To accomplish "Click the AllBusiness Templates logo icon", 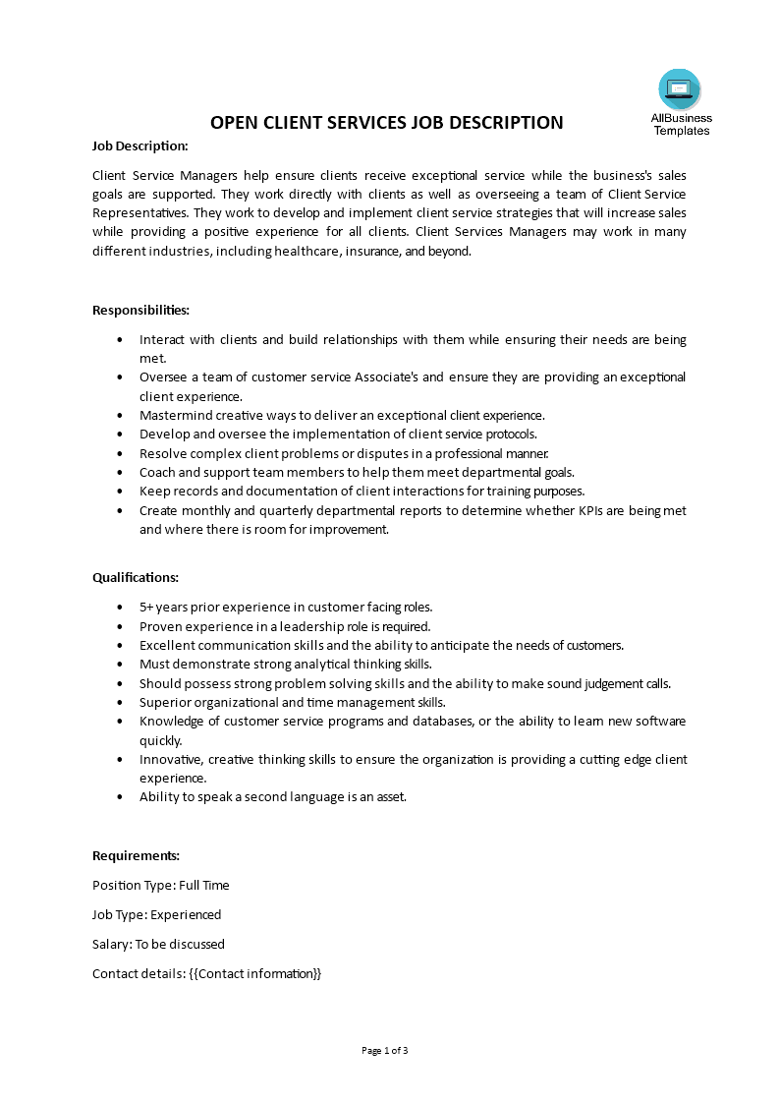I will pyautogui.click(x=680, y=89).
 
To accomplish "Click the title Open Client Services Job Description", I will pyautogui.click(x=387, y=123).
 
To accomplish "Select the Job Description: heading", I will pyautogui.click(x=139, y=145).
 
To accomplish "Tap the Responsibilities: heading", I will pyautogui.click(x=140, y=310).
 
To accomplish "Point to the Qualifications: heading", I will pyautogui.click(x=136, y=577).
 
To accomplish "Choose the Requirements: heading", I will pyautogui.click(x=136, y=855).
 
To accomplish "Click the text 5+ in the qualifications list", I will pyautogui.click(x=146, y=607).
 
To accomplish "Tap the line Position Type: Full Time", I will pyautogui.click(x=160, y=885).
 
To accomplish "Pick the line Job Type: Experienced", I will pyautogui.click(x=156, y=914).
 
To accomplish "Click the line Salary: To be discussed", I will pyautogui.click(x=158, y=944).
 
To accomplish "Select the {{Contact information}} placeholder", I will pyautogui.click(x=254, y=973).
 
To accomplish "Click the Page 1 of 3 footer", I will pyautogui.click(x=385, y=1050).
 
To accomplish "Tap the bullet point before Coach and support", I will pyautogui.click(x=120, y=473).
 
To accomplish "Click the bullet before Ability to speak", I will pyautogui.click(x=120, y=797).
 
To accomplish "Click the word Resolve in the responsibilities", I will pyautogui.click(x=162, y=453).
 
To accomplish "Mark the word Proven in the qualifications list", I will pyautogui.click(x=160, y=626).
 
